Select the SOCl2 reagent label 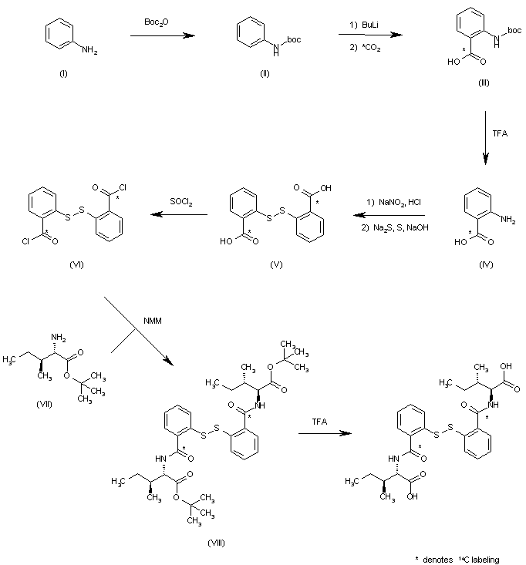tap(181, 203)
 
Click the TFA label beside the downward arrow tap(500, 133)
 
